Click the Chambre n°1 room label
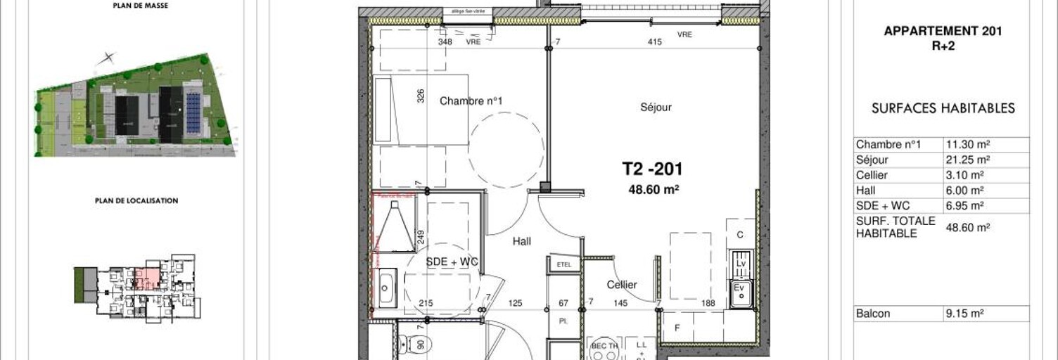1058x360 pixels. point(471,101)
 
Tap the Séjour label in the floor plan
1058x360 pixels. point(656,108)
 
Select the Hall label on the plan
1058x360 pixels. point(521,241)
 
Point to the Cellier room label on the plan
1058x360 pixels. point(622,285)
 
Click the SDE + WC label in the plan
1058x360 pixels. point(452,262)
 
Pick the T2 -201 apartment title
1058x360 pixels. point(652,169)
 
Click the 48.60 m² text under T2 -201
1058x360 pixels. point(653,188)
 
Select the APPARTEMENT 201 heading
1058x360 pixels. point(942,31)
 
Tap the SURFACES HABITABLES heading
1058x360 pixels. point(943,108)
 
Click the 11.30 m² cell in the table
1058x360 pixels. point(968,145)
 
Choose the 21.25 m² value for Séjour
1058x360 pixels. point(968,160)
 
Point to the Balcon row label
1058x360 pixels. point(872,314)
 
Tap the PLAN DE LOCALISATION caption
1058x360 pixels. point(136,200)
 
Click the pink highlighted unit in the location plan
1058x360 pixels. point(147,278)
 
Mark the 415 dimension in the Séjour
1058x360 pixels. point(654,42)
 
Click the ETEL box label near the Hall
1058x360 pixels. point(564,264)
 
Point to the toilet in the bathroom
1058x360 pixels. point(406,345)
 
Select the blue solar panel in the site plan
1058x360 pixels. point(193,112)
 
